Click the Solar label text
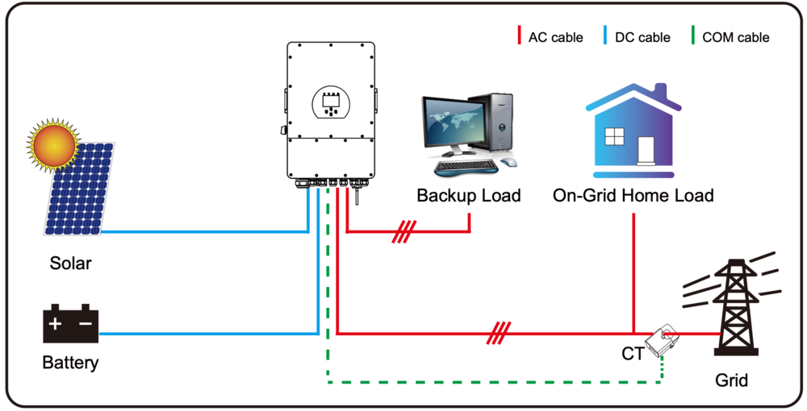tap(71, 264)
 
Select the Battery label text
tap(70, 363)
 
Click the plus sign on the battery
tap(55, 325)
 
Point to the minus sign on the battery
tap(86, 325)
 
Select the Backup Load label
tap(469, 196)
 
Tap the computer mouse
tap(508, 162)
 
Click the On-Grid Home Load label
tap(633, 196)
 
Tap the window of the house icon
tap(615, 137)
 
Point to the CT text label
tap(633, 354)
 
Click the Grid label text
tap(731, 380)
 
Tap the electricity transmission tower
tap(734, 306)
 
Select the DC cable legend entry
tap(637, 37)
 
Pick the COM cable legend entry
tap(730, 37)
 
